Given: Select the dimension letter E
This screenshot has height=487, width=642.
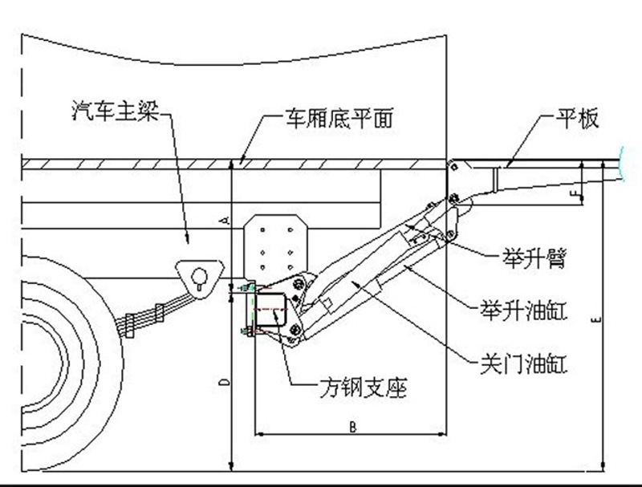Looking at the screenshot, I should [594, 320].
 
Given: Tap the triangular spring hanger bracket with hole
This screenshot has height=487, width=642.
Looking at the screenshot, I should [197, 275].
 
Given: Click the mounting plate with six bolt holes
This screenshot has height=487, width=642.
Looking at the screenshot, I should [275, 242].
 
